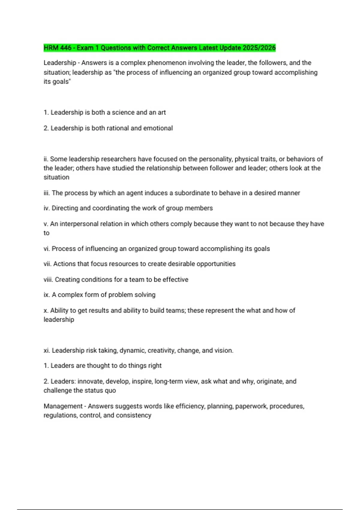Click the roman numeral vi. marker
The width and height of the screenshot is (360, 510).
point(47,249)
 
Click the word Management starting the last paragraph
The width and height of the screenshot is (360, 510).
point(63,406)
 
